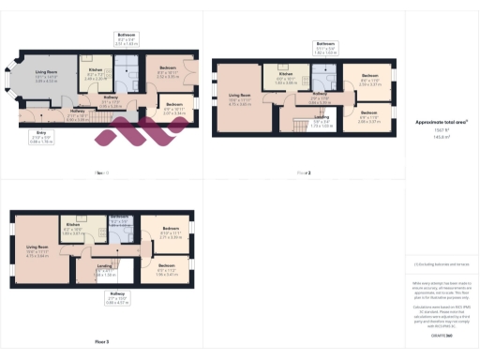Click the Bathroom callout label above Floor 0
[x=127, y=39]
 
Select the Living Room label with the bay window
[x=47, y=79]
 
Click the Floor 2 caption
[x=303, y=172]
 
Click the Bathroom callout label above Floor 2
[x=325, y=49]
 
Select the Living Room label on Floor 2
[x=240, y=100]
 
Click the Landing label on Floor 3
[x=106, y=273]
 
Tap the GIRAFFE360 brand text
[x=442, y=335]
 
